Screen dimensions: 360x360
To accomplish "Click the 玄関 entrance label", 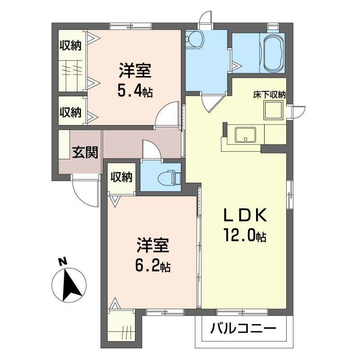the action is point(85,152).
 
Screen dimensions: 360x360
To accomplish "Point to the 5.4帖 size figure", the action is point(135,91).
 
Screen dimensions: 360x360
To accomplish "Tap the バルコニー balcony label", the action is point(243,328).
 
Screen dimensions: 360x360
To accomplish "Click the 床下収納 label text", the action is point(270,95).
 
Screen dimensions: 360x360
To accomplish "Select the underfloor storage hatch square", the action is point(273,110).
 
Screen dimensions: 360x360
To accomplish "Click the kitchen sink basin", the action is point(245,135).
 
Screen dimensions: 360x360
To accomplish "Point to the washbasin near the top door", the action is point(193,40).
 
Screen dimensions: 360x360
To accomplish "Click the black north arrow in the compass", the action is point(71,285).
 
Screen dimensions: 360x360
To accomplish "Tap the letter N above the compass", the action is point(62,261).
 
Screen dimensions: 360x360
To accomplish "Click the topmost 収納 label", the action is point(71,46).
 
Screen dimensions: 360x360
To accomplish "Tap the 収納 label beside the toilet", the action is point(121,177).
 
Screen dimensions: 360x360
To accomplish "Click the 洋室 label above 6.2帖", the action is point(153,245).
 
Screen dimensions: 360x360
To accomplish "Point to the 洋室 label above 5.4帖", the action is point(135,71).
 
